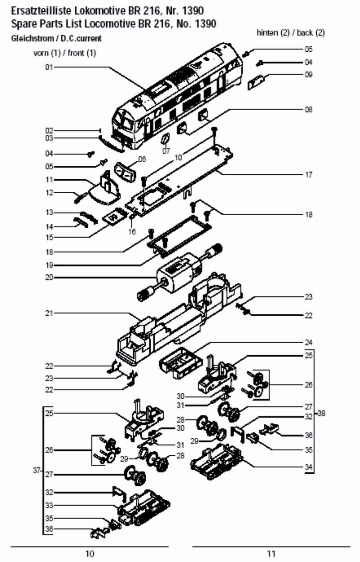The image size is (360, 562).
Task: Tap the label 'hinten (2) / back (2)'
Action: (x=290, y=32)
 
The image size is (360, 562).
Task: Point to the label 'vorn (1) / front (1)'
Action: (x=65, y=53)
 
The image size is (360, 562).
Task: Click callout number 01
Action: (x=49, y=67)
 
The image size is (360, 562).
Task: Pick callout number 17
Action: (x=308, y=174)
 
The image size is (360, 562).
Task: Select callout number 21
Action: (x=49, y=313)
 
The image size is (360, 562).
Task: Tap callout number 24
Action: (x=308, y=342)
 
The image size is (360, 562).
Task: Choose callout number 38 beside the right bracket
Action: (x=321, y=413)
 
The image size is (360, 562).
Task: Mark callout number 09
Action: (x=308, y=75)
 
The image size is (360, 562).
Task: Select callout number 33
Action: (x=49, y=505)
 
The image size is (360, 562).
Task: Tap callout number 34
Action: (x=308, y=467)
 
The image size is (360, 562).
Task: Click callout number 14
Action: (x=49, y=226)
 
